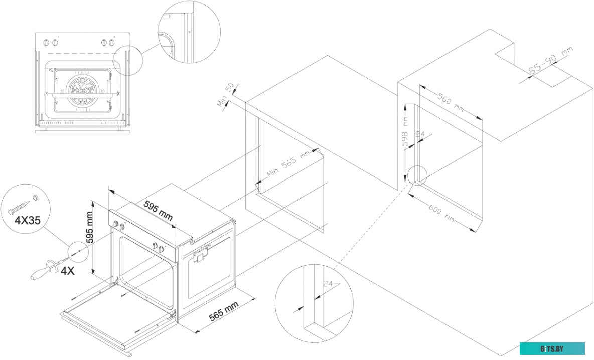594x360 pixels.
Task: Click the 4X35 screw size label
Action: click(x=26, y=219)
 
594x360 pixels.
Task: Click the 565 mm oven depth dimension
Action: click(x=224, y=313)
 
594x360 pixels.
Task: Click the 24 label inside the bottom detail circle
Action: click(x=328, y=284)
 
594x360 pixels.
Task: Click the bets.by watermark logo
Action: click(x=552, y=348)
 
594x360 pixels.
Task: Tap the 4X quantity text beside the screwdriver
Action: click(x=68, y=271)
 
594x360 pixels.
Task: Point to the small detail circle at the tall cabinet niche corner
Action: click(x=416, y=174)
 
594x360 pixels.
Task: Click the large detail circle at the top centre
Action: click(x=189, y=32)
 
